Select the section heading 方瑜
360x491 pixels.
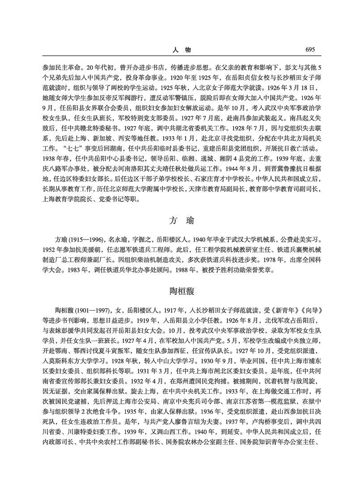pyautogui.click(x=180, y=220)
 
